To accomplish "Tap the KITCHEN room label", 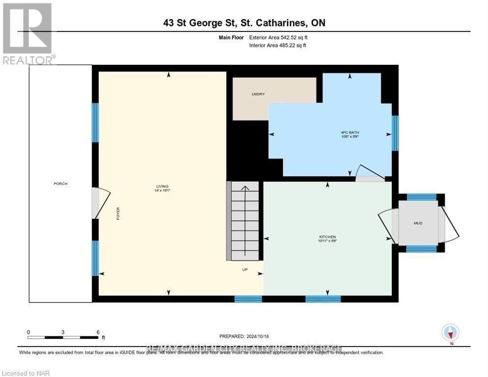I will (x=327, y=239).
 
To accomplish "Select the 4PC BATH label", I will (x=348, y=132).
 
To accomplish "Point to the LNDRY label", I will (x=258, y=94).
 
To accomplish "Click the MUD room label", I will (x=418, y=223).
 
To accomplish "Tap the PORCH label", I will (x=60, y=184).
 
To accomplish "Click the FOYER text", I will (x=118, y=213).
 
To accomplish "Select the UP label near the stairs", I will (x=245, y=269).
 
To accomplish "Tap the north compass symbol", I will (x=450, y=333).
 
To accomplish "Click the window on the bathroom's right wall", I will (x=395, y=133).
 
